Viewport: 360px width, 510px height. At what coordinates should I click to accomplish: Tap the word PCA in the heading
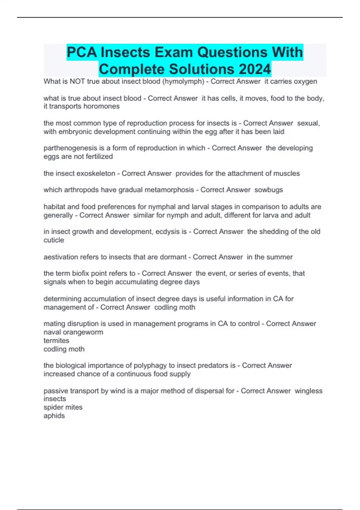click(82, 52)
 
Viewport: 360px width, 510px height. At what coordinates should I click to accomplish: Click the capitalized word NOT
click(77, 81)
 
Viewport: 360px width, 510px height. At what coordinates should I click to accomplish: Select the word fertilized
click(99, 156)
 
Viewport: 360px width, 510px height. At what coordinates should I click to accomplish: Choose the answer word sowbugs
click(268, 190)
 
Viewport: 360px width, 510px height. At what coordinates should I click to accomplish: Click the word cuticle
click(54, 240)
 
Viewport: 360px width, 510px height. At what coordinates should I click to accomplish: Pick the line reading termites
click(56, 340)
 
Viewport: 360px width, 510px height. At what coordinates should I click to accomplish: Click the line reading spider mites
click(63, 407)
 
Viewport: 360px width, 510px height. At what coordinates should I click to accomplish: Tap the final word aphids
click(54, 415)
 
